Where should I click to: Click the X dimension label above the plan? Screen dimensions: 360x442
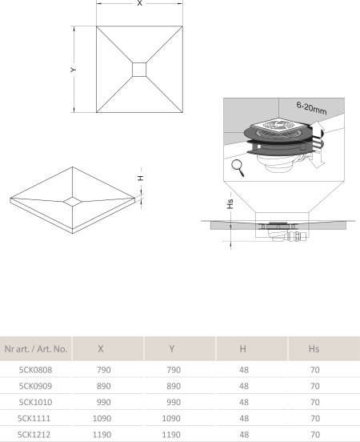point(139,3)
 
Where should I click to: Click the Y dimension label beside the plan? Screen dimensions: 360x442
point(73,70)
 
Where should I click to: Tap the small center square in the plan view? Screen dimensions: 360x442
point(139,70)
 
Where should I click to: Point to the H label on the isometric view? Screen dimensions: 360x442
point(141,178)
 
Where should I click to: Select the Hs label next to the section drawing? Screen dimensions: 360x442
point(230,204)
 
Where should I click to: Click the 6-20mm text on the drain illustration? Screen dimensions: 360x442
point(311,108)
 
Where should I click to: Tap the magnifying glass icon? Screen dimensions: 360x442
point(238,167)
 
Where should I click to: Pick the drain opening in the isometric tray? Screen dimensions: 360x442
point(72,201)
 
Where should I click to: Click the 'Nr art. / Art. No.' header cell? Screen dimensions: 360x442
point(36,349)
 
